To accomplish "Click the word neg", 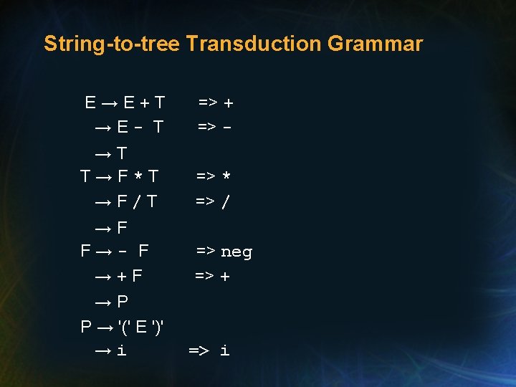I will [x=236, y=252].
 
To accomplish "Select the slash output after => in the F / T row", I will [x=226, y=203].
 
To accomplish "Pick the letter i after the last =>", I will [x=225, y=350].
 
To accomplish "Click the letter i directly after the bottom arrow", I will [x=122, y=350].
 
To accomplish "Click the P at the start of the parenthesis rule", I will [x=86, y=328].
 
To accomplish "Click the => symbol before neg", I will [x=206, y=252].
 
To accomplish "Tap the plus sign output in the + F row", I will [x=226, y=276].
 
